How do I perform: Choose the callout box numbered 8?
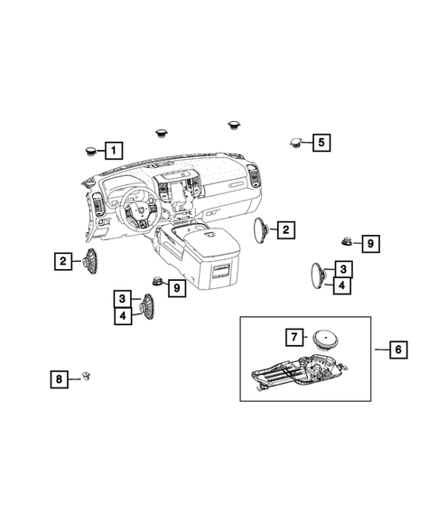pos(59,380)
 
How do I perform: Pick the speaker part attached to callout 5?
pos(297,141)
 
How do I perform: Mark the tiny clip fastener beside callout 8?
pos(87,377)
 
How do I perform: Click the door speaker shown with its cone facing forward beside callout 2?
pos(90,262)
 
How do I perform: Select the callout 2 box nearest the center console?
pos(284,230)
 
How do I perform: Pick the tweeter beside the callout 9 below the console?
pos(155,282)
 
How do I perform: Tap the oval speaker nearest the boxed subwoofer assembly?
pos(319,275)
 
